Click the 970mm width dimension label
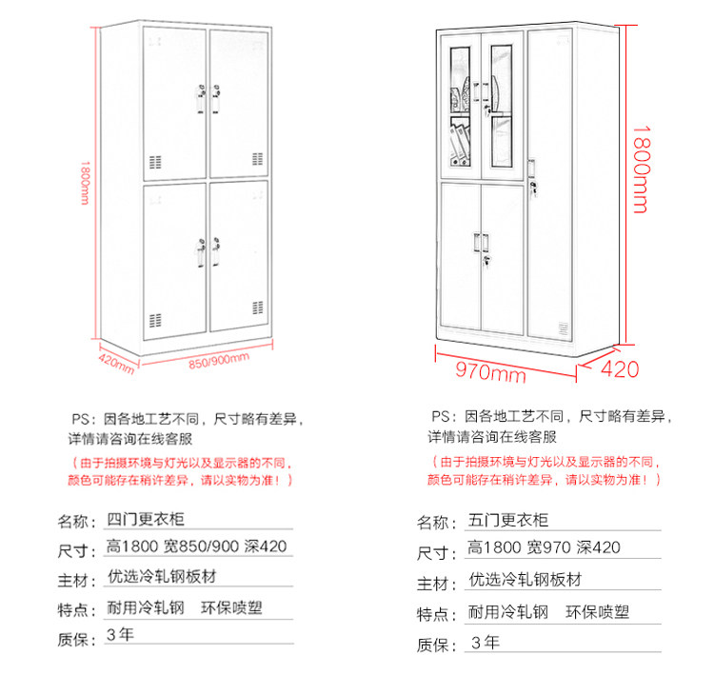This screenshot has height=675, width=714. click(x=490, y=371)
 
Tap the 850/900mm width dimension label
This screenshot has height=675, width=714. click(x=218, y=361)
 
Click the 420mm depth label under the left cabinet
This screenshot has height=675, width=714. click(x=116, y=362)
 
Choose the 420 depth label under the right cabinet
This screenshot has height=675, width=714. click(x=620, y=369)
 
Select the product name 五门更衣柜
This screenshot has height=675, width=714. click(x=509, y=520)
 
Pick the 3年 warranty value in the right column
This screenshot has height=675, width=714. click(x=485, y=642)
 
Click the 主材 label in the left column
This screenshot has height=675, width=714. click(x=73, y=580)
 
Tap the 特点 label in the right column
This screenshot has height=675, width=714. click(x=436, y=614)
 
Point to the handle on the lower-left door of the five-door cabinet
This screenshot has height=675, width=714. click(x=475, y=243)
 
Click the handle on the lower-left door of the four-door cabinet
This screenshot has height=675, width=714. click(x=199, y=252)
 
